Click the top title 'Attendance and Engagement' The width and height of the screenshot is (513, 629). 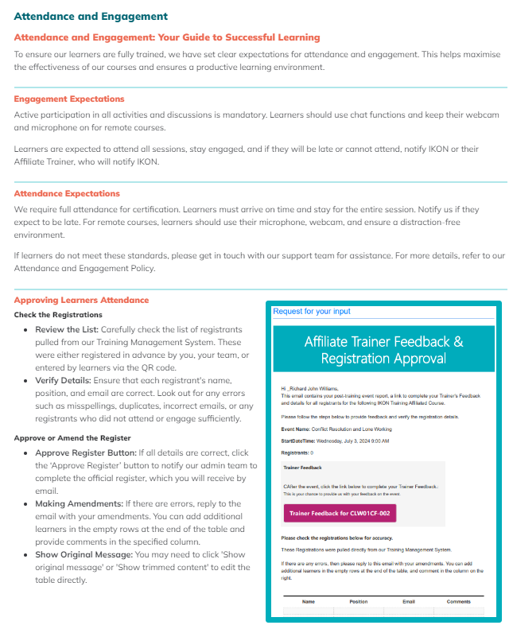[x=91, y=16]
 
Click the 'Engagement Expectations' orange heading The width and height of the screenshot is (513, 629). [x=69, y=99]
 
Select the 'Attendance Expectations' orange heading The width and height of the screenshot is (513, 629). [x=67, y=193]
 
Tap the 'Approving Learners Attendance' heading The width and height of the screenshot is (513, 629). [x=81, y=301]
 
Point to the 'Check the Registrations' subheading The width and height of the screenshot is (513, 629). [x=58, y=315]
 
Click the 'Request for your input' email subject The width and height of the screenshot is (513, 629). [x=311, y=312]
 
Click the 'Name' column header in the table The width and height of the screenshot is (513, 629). [x=308, y=602]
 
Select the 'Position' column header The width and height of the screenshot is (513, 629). [x=358, y=602]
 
